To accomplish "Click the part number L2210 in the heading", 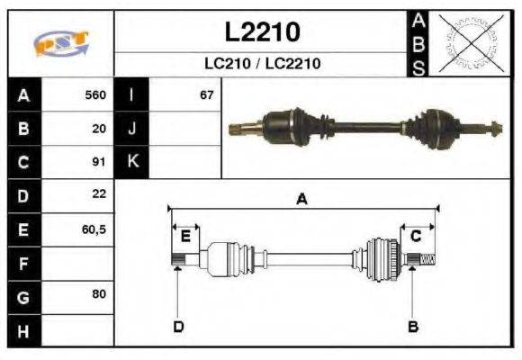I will (x=262, y=32).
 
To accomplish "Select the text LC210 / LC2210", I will (x=262, y=65).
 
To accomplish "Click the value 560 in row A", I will (x=94, y=94).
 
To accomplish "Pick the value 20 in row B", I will (x=99, y=128).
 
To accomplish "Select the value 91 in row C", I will (x=99, y=162).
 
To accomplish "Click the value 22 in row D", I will (x=99, y=194).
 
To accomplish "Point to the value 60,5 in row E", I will (x=94, y=229).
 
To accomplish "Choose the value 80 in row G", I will (x=99, y=294).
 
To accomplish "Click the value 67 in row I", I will (x=206, y=94).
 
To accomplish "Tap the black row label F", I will (x=22, y=262).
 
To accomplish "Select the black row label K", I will (x=131, y=162).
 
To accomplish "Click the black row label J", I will (x=131, y=128).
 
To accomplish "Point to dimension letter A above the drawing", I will (x=302, y=200).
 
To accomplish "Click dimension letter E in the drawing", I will (x=184, y=237).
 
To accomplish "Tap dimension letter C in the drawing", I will (x=416, y=236).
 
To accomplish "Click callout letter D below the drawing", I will (x=178, y=326).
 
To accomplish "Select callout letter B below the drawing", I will (x=413, y=326).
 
